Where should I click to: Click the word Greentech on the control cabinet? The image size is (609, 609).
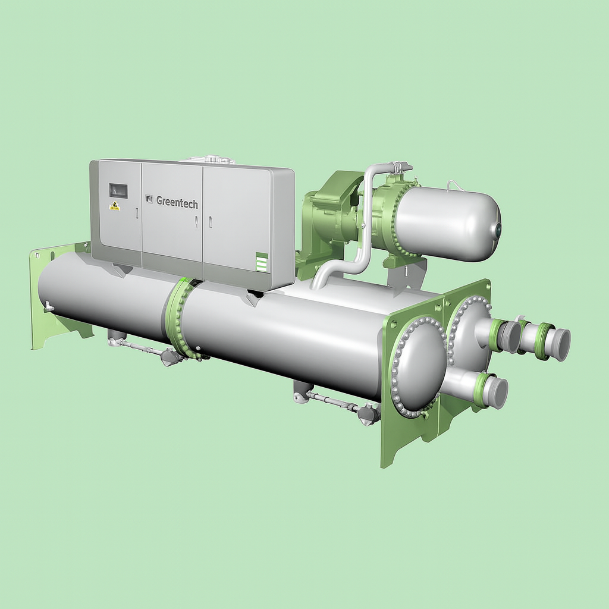[177, 201]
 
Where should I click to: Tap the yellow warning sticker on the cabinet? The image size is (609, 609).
[115, 206]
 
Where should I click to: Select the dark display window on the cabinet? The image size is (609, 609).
[118, 190]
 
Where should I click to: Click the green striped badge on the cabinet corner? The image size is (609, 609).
[262, 262]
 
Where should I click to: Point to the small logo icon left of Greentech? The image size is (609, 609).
[149, 199]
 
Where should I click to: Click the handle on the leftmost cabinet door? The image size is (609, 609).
[136, 213]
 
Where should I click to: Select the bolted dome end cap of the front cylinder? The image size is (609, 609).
[418, 366]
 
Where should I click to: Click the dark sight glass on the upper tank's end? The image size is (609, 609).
[497, 227]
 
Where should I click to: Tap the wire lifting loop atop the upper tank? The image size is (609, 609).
[456, 186]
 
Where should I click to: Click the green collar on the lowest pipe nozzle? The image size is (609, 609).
[479, 390]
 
